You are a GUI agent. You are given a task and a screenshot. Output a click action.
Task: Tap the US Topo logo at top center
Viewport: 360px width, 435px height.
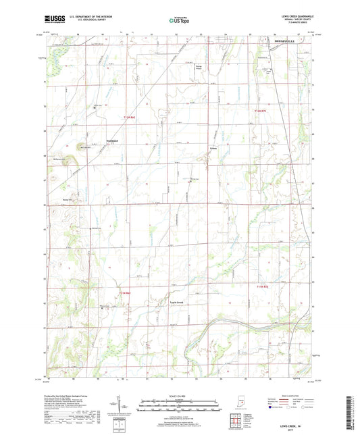click(179, 20)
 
